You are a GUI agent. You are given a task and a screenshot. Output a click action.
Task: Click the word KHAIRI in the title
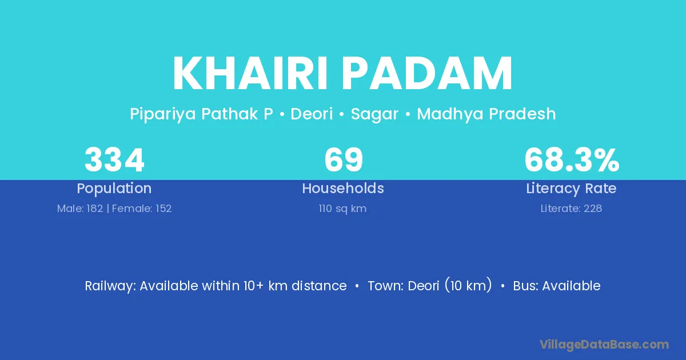point(250,73)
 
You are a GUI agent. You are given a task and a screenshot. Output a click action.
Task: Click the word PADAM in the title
point(427,73)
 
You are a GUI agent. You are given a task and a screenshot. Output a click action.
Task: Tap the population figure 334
point(114,160)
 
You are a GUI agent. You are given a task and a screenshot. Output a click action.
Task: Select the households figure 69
point(344,160)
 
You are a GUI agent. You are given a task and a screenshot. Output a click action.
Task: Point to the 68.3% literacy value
point(572,160)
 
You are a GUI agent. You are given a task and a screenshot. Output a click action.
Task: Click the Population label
point(114,189)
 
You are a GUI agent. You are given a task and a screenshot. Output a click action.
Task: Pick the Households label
point(343,188)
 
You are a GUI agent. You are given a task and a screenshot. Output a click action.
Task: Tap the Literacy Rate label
point(571,189)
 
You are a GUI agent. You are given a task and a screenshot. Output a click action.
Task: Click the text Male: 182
point(80,209)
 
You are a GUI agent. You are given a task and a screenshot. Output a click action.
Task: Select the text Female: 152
point(142,209)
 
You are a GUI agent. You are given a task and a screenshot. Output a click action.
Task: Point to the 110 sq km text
point(342,209)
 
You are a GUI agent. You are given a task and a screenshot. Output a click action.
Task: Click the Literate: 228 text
point(571,209)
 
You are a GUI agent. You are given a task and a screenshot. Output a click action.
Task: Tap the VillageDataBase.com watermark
point(604,345)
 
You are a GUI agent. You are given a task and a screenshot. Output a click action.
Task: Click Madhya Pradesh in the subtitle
point(486,114)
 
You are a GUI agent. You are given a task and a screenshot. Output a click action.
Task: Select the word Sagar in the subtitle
point(374,114)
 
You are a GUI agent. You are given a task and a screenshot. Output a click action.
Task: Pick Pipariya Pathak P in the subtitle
point(201,114)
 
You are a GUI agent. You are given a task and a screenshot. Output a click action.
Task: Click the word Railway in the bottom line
point(110,286)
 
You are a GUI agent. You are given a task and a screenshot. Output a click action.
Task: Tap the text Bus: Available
point(557,286)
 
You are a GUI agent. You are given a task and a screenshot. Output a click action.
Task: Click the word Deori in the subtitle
point(312,114)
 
